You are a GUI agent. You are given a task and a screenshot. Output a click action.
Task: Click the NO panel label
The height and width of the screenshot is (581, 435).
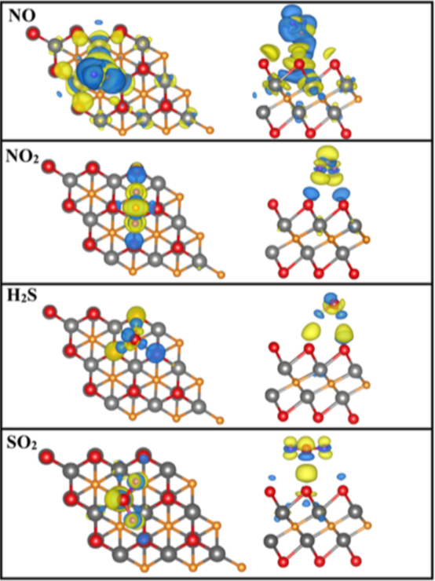pos(22,16)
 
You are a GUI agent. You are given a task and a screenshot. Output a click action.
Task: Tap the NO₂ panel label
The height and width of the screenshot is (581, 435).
pos(22,157)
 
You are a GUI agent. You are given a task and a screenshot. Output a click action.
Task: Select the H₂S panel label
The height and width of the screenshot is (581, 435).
pos(22,296)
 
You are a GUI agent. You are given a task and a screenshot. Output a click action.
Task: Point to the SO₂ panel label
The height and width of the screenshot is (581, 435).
pos(22,443)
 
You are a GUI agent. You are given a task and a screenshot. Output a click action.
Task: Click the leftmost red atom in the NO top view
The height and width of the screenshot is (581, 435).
pos(33,33)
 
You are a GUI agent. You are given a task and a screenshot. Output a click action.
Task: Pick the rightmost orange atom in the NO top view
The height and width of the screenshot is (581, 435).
pos(210,130)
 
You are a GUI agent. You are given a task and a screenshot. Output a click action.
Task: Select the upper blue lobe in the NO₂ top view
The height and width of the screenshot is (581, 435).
pos(137,174)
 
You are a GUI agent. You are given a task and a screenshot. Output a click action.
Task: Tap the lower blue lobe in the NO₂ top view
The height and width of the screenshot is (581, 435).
pos(133,241)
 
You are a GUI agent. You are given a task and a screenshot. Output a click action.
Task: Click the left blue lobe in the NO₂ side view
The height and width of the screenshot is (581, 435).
pos(311,192)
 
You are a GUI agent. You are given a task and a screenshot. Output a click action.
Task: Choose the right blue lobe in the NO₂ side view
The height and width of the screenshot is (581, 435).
pos(341,193)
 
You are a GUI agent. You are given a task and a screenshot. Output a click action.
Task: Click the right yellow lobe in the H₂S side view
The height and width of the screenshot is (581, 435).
pos(344,332)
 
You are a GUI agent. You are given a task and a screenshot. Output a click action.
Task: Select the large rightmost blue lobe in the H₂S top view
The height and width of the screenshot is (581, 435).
pos(155,353)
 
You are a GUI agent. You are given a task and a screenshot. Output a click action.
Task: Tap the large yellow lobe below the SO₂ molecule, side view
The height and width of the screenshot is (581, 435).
pos(307,473)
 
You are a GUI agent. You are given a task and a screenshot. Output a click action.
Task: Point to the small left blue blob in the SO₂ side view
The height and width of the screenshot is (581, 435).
pos(272,477)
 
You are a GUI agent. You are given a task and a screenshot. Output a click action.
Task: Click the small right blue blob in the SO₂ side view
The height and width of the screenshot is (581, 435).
pos(342,477)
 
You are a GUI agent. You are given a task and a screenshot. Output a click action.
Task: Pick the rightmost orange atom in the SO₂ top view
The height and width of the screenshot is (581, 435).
pos(241,567)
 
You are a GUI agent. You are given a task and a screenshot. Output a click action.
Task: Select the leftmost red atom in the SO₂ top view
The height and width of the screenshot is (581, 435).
pos(46,456)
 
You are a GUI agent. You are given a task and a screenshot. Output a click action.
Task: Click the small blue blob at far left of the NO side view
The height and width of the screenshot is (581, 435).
pos(254,95)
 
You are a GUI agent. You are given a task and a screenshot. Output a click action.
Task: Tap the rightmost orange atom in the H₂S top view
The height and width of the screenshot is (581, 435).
pos(220,420)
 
